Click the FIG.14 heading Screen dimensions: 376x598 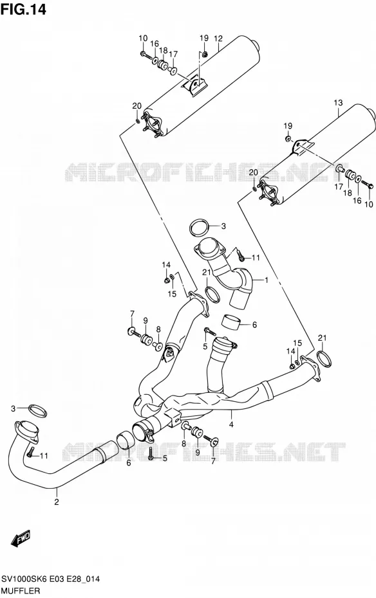point(23,9)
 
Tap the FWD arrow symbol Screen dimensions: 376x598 point(21,538)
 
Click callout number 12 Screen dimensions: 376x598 point(218,39)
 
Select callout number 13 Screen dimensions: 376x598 point(338,103)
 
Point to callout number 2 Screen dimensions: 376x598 point(57,502)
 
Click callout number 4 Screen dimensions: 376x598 point(231,424)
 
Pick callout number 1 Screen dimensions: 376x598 point(266,280)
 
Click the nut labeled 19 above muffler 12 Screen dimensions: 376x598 point(205,55)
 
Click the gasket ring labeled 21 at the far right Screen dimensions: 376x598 point(324,359)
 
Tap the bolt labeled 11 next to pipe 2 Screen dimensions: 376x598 point(31,453)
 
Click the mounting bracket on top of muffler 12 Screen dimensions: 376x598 point(194,86)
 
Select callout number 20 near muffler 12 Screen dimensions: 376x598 point(136,105)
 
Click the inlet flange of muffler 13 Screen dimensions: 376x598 point(270,192)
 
